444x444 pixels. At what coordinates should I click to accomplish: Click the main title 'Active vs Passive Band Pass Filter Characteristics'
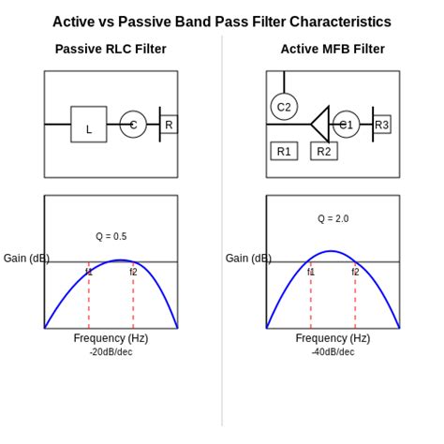222,22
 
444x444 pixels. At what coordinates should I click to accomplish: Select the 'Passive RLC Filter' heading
111,49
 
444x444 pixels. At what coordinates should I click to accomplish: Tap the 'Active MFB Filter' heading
333,49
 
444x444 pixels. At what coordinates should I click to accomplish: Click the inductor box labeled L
89,125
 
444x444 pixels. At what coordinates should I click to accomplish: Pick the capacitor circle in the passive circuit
133,125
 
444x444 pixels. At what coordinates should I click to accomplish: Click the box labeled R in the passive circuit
169,125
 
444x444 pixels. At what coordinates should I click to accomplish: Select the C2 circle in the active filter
284,107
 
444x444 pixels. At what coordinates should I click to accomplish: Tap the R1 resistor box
284,151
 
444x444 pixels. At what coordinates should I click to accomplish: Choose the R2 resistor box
323,151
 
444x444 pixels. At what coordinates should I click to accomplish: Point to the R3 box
381,125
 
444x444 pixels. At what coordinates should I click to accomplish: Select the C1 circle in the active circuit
346,125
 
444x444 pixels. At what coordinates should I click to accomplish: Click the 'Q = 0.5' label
111,236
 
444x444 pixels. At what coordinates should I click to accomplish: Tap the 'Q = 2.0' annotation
333,218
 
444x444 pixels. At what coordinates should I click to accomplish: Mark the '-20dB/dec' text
111,352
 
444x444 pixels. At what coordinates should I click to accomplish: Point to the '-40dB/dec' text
333,352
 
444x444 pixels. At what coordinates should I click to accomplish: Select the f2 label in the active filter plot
355,272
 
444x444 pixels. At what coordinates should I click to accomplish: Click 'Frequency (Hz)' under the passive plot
111,338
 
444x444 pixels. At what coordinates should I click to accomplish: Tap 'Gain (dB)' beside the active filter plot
248,259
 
